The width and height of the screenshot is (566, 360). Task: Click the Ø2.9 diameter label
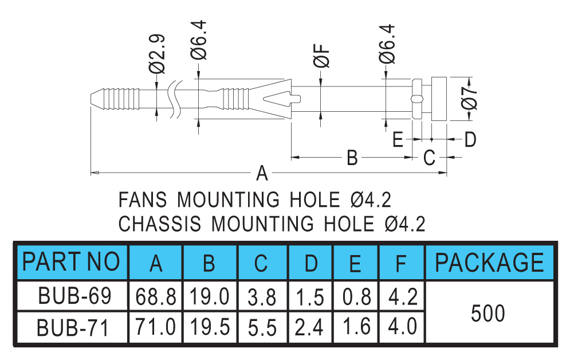click(x=157, y=54)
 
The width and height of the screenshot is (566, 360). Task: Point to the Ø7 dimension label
click(x=469, y=98)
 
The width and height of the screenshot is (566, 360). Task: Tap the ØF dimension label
click(x=321, y=56)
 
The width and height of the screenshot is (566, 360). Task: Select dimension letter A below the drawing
click(x=262, y=173)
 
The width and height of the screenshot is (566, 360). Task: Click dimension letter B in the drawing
click(x=352, y=158)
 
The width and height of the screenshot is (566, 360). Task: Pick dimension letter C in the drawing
click(x=429, y=158)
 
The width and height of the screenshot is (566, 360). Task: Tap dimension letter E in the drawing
click(x=398, y=139)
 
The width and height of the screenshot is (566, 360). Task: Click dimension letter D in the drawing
click(x=470, y=139)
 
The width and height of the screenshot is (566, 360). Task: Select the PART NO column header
click(x=71, y=262)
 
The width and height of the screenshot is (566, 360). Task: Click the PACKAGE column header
click(x=489, y=262)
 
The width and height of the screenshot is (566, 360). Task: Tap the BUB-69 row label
click(x=74, y=296)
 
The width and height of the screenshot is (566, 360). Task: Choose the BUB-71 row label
click(x=73, y=327)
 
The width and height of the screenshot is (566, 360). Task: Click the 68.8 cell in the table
click(x=156, y=297)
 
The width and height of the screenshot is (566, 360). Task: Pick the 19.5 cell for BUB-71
click(x=210, y=327)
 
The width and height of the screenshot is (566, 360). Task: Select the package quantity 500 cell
click(x=488, y=313)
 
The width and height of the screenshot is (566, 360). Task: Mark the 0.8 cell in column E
click(x=357, y=297)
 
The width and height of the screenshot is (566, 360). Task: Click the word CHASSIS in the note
click(x=160, y=224)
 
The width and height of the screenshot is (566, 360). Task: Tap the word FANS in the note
click(x=143, y=199)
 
